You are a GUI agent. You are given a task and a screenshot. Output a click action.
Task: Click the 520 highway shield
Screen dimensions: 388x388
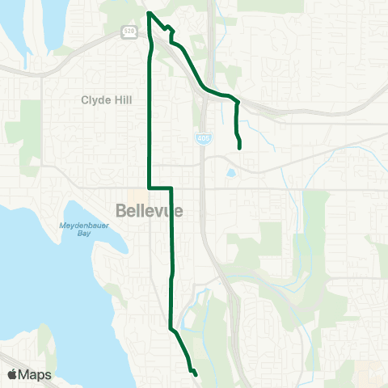click(x=129, y=32)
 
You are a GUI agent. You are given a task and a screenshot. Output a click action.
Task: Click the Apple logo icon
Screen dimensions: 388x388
click(x=12, y=374)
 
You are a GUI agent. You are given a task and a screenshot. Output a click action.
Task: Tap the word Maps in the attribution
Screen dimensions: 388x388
click(x=36, y=374)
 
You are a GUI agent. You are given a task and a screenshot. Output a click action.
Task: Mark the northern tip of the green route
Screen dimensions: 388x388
click(x=148, y=12)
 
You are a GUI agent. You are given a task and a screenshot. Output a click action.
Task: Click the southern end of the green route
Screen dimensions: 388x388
click(x=196, y=373)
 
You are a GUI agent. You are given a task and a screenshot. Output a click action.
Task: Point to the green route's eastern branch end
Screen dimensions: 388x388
click(x=240, y=148)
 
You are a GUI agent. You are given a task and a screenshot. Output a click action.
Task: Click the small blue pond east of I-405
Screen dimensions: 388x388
click(x=232, y=173)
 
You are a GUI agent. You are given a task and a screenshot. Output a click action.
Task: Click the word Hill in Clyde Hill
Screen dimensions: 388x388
click(x=136, y=101)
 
